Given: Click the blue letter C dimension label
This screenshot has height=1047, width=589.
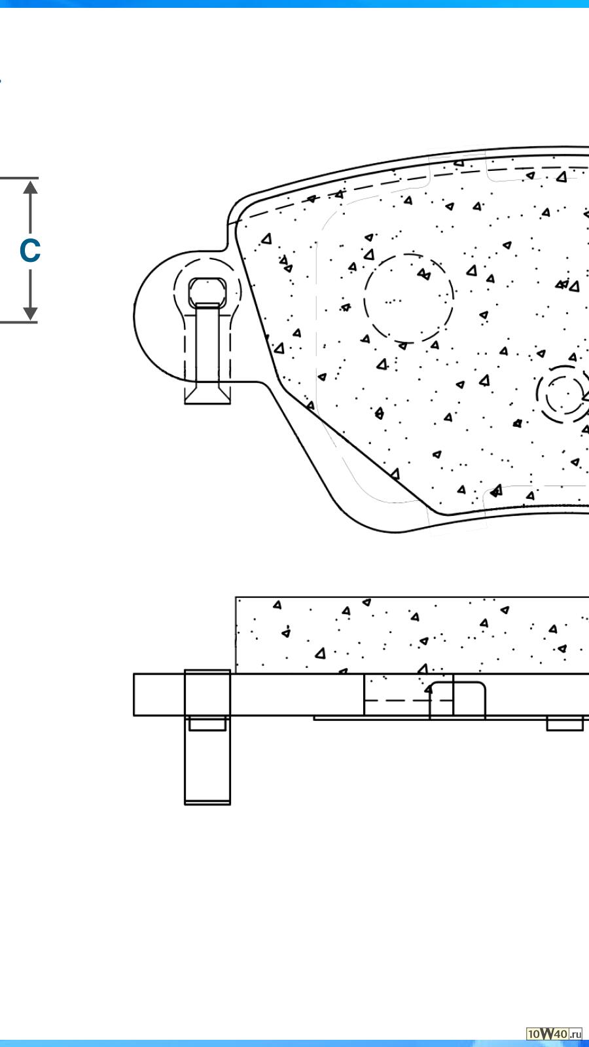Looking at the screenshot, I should (30, 251).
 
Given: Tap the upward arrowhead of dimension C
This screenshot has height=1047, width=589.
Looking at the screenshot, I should (30, 187).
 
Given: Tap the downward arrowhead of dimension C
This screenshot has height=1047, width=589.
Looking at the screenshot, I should (30, 313).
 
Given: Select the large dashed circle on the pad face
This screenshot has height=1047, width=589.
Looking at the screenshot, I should (409, 299).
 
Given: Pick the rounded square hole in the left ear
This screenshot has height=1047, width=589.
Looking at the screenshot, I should (208, 291).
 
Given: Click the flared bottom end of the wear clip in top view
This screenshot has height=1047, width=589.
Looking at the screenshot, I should (207, 395).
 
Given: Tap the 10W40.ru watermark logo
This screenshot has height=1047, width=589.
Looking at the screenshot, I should (554, 1034).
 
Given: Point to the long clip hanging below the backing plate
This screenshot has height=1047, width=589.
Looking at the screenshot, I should (207, 766).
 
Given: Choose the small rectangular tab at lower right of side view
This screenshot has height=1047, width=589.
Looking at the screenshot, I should (565, 724).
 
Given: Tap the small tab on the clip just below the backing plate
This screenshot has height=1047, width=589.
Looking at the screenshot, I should (207, 724).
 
